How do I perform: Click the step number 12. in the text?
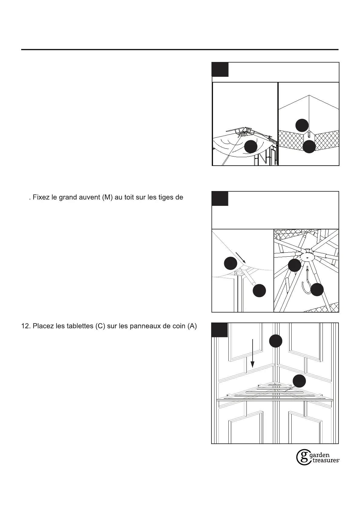pyautogui.click(x=25, y=326)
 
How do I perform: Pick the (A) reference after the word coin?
pyautogui.click(x=192, y=326)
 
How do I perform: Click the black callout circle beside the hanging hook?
pyautogui.click(x=317, y=290)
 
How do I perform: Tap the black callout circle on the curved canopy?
pyautogui.click(x=251, y=147)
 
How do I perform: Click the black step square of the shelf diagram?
pyautogui.click(x=219, y=330)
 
